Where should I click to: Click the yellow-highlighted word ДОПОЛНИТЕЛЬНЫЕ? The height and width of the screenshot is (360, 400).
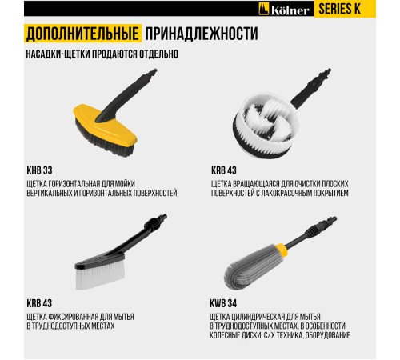79,34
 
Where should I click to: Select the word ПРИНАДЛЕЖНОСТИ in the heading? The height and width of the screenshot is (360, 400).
201,34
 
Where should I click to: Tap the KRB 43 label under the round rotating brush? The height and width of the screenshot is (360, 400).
226,170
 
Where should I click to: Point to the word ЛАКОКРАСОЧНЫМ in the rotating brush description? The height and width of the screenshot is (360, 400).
287,194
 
